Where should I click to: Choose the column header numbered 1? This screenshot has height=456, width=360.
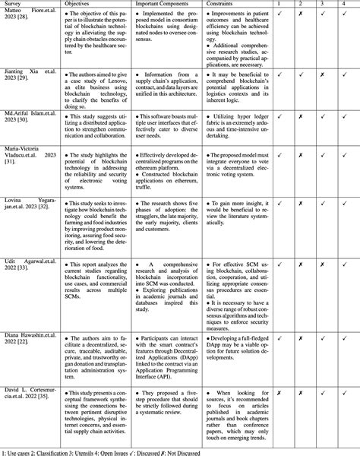pos(282,4)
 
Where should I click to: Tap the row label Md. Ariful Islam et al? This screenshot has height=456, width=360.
pos(30,117)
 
